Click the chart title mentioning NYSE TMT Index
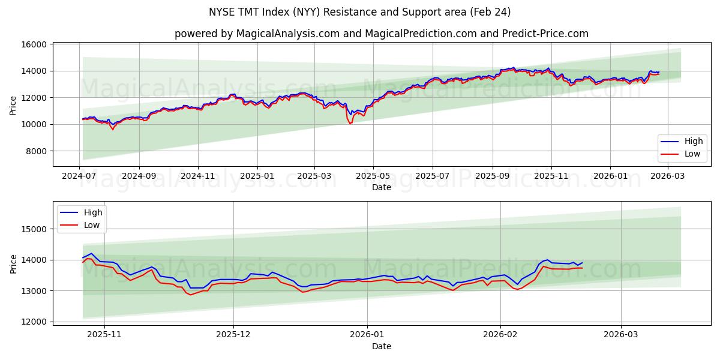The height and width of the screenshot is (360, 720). [360, 12]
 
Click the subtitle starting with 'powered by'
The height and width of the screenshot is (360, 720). [381, 34]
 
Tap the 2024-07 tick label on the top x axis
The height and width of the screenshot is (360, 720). [80, 176]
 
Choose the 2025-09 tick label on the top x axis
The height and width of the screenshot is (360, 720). [492, 176]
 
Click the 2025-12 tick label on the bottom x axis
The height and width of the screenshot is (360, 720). [233, 335]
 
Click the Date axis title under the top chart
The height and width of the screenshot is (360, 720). [381, 187]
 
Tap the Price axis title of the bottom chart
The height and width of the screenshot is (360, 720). [13, 263]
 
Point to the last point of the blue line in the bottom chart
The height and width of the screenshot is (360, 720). [581, 263]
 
